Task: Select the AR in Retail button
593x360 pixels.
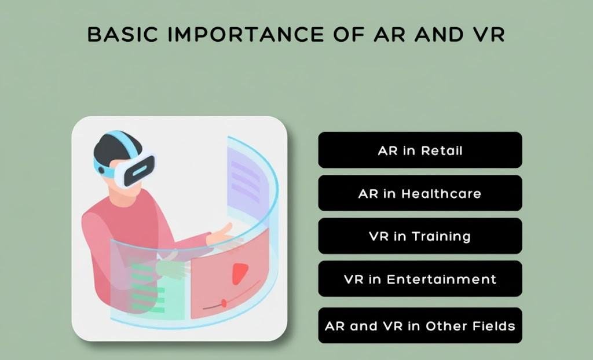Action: (420, 150)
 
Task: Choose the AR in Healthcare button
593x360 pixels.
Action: (420, 193)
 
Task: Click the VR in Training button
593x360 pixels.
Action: (420, 236)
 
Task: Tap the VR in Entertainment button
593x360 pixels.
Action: (420, 279)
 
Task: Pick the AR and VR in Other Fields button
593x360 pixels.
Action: (420, 325)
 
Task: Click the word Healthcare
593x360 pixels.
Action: (441, 193)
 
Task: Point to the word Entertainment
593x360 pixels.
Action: (441, 279)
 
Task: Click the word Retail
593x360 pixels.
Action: (442, 150)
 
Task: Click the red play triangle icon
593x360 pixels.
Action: (239, 274)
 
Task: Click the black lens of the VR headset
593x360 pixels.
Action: (141, 168)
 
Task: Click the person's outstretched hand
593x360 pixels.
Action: (220, 234)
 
